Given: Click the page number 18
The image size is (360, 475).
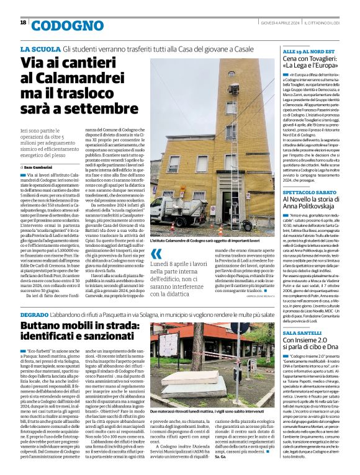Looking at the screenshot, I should (23, 22).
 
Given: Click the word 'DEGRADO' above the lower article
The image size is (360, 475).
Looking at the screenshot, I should (37, 315).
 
